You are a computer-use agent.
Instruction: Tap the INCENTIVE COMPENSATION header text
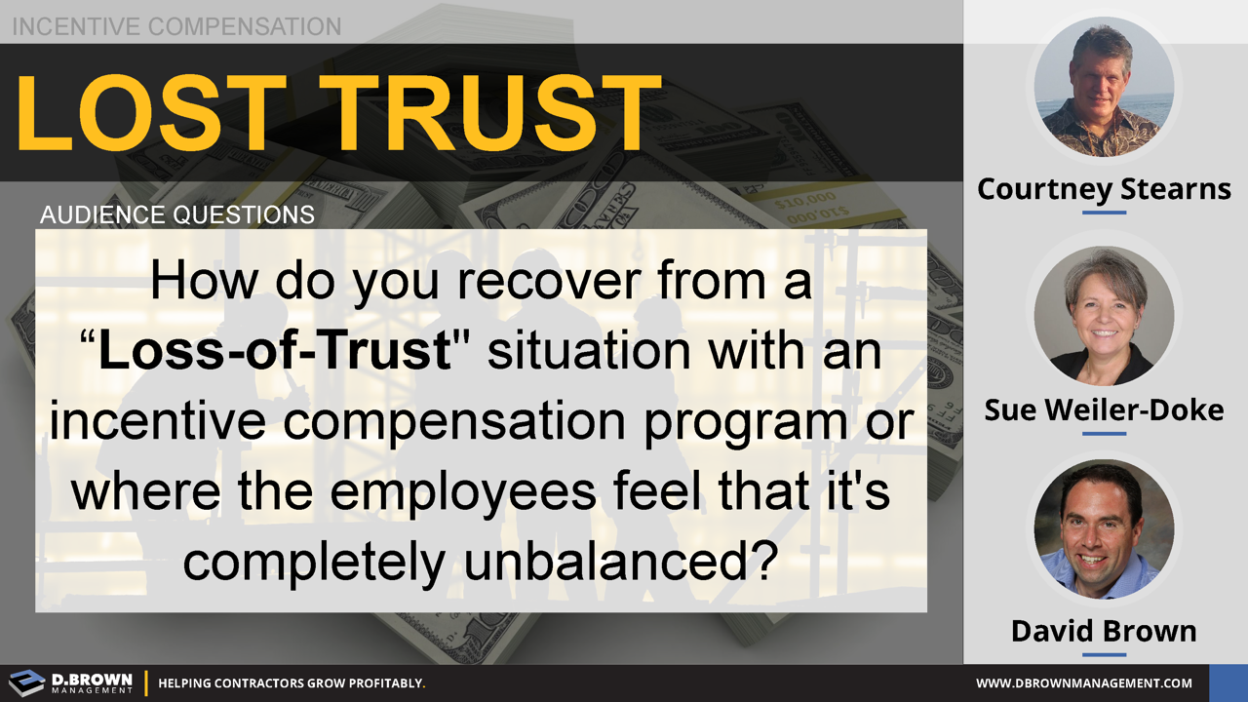(176, 26)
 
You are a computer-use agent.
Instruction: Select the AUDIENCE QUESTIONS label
(177, 214)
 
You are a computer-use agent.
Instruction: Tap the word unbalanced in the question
(602, 561)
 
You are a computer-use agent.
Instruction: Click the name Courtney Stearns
(1104, 188)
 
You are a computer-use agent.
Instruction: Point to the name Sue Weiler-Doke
(1104, 409)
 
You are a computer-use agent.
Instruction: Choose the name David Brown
(1104, 631)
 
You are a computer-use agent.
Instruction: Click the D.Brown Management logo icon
(26, 682)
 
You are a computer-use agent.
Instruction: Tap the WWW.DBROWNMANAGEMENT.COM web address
(1084, 683)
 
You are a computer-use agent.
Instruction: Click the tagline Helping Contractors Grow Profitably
(292, 683)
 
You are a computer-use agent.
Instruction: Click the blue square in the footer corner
(1228, 682)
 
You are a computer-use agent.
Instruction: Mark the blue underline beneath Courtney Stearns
(1104, 212)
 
